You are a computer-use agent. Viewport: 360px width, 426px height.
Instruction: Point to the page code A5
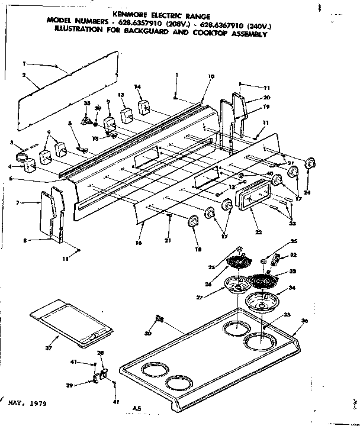tap(137, 408)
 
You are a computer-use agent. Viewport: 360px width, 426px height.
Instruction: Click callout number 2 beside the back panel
tap(24, 75)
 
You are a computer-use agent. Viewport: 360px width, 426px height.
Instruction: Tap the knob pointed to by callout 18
tap(193, 221)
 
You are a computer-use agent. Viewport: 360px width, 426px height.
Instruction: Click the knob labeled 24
tap(309, 164)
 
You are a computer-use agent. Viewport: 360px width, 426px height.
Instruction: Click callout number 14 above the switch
tap(137, 87)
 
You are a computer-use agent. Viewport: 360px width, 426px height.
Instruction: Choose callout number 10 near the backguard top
tap(211, 76)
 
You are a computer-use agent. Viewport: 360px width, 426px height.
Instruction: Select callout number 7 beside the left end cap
tap(18, 203)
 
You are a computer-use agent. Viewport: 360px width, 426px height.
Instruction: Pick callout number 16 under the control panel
tap(138, 243)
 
